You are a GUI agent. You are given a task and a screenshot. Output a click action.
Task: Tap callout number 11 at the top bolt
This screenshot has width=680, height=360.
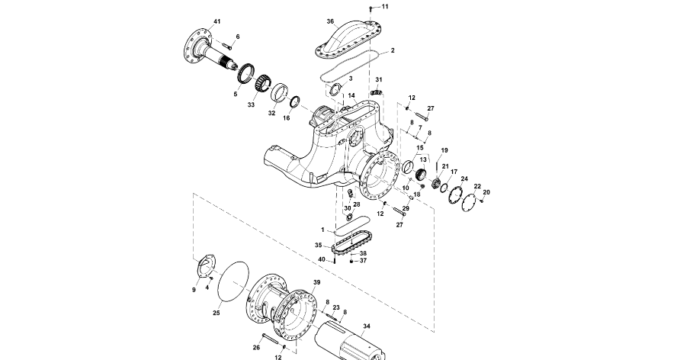(x=385, y=6)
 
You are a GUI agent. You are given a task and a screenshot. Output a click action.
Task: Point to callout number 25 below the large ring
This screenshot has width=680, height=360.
(x=217, y=313)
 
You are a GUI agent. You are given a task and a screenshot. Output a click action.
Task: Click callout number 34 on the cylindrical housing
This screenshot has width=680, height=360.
(x=367, y=326)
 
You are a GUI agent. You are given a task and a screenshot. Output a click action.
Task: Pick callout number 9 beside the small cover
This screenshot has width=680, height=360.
(x=194, y=290)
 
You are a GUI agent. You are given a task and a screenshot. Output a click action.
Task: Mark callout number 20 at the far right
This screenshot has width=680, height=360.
(x=487, y=192)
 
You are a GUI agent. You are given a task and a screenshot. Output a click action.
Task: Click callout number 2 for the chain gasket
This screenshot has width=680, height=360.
(x=392, y=50)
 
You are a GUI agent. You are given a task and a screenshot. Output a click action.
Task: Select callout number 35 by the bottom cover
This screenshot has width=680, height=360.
(x=319, y=246)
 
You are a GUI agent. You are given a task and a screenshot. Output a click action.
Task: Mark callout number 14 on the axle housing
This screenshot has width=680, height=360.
(x=351, y=96)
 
